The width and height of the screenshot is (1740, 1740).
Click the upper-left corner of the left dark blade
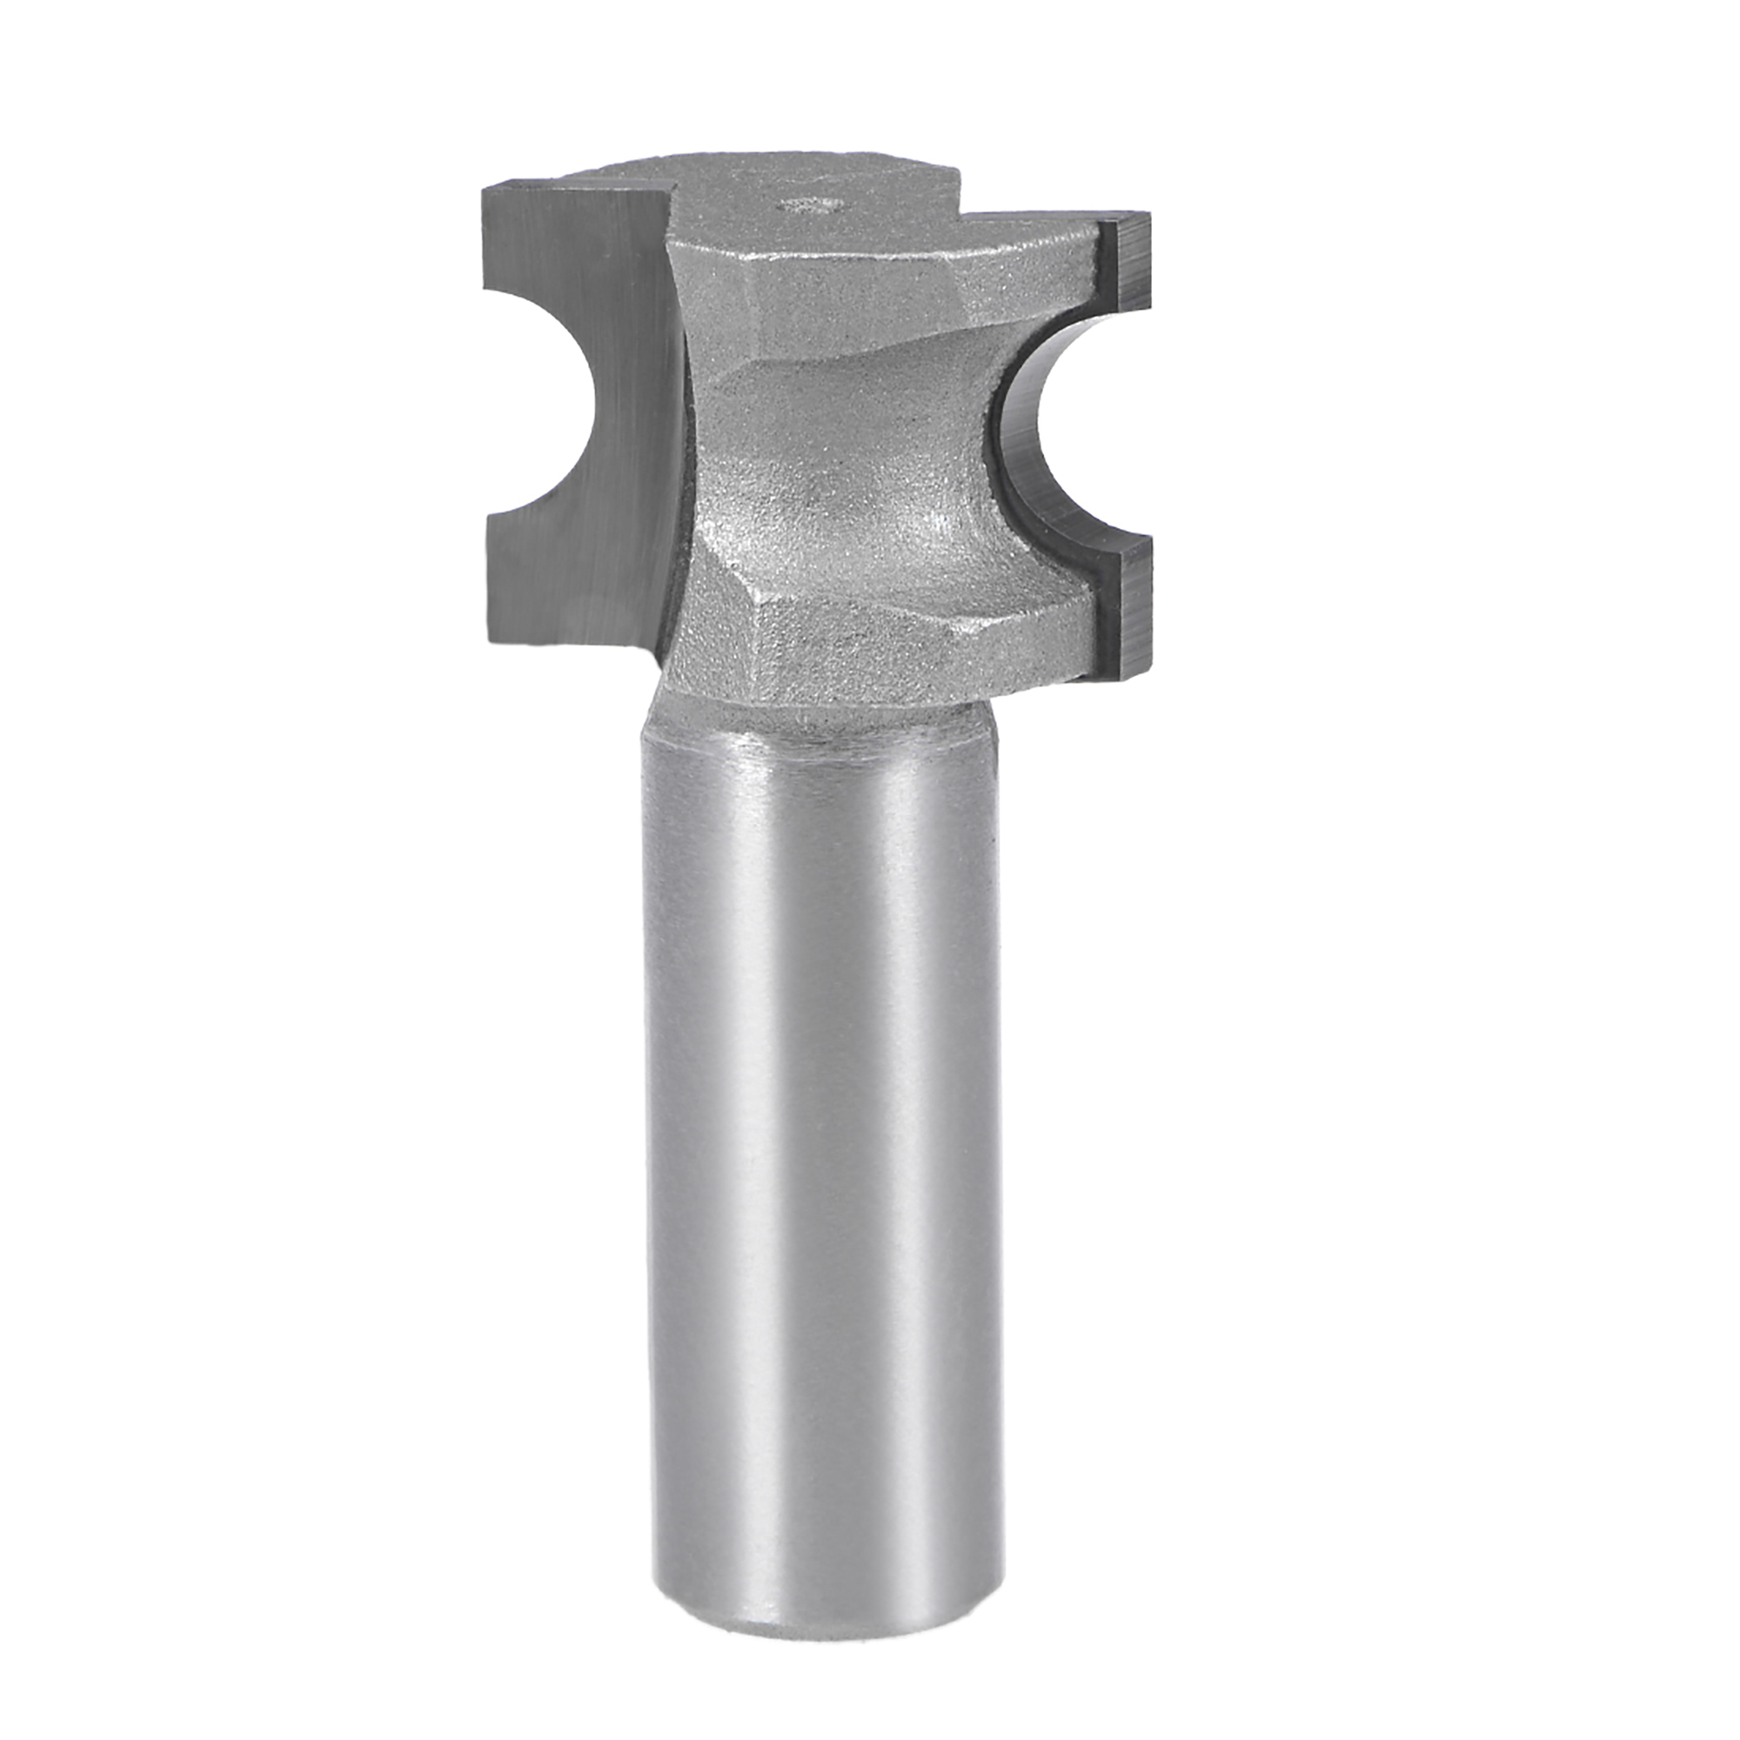(x=487, y=214)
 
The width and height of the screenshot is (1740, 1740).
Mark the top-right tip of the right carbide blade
(x=1148, y=218)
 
